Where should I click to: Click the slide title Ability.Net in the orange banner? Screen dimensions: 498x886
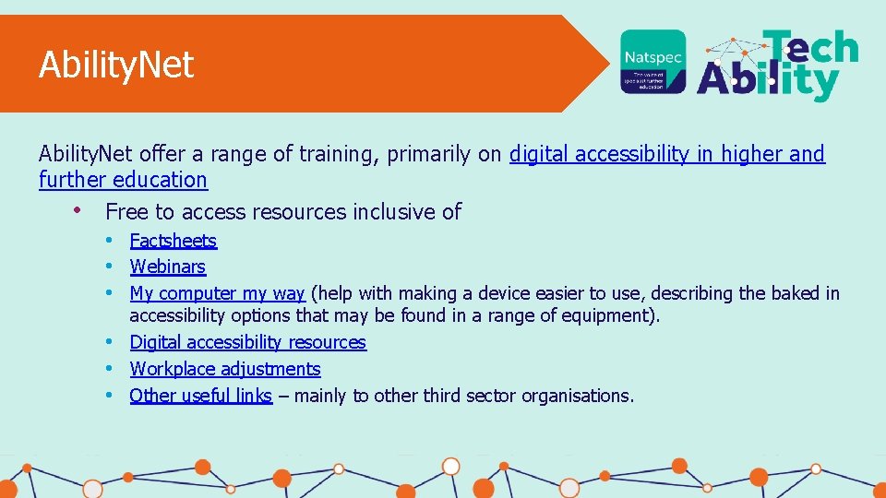pyautogui.click(x=116, y=65)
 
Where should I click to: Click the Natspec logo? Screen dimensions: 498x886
pyautogui.click(x=653, y=62)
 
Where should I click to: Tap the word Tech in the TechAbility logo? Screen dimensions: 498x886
pyautogui.click(x=809, y=47)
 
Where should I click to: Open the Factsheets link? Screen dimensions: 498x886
pyautogui.click(x=173, y=241)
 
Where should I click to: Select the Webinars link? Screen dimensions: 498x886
pyautogui.click(x=167, y=267)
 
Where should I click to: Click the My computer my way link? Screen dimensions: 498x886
pyautogui.click(x=217, y=293)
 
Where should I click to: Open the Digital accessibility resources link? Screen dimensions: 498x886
pyautogui.click(x=247, y=342)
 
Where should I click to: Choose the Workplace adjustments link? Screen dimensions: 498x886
pyautogui.click(x=225, y=369)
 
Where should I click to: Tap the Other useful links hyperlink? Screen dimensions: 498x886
pyautogui.click(x=200, y=396)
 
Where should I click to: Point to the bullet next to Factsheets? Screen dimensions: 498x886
pyautogui.click(x=108, y=241)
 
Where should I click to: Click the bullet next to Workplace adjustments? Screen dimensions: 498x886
pyautogui.click(x=108, y=369)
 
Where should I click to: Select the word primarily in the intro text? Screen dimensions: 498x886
pyautogui.click(x=428, y=154)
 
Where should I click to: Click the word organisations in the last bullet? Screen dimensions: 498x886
pyautogui.click(x=577, y=396)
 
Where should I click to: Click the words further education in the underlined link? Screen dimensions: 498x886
pyautogui.click(x=123, y=180)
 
